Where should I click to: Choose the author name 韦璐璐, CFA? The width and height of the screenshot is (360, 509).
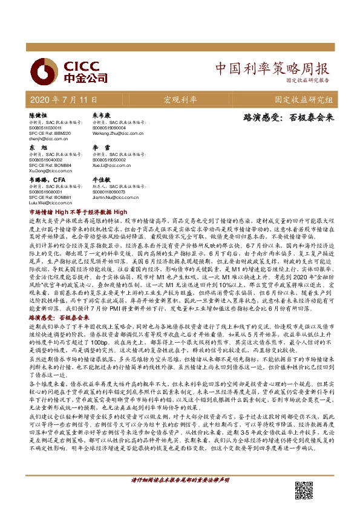click(x=47, y=180)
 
